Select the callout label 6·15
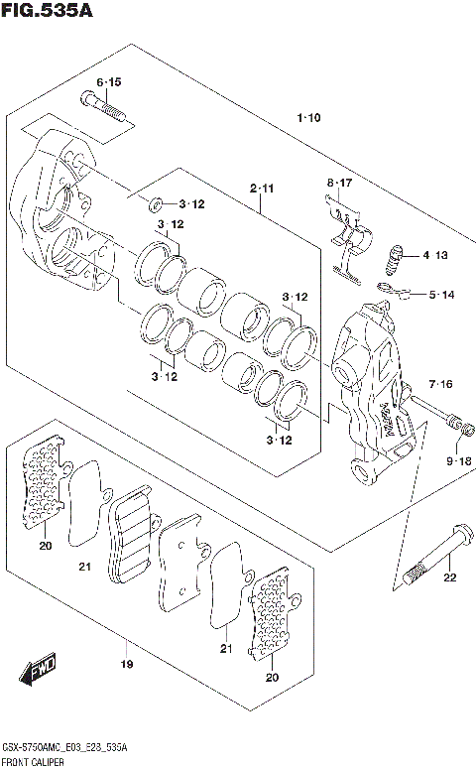click(109, 80)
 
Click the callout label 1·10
click(308, 119)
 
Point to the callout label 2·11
click(262, 188)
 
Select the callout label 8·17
click(340, 183)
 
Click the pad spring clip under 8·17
click(347, 238)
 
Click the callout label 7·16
click(441, 384)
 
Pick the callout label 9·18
click(458, 461)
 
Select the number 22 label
click(449, 578)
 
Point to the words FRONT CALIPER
click(34, 760)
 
